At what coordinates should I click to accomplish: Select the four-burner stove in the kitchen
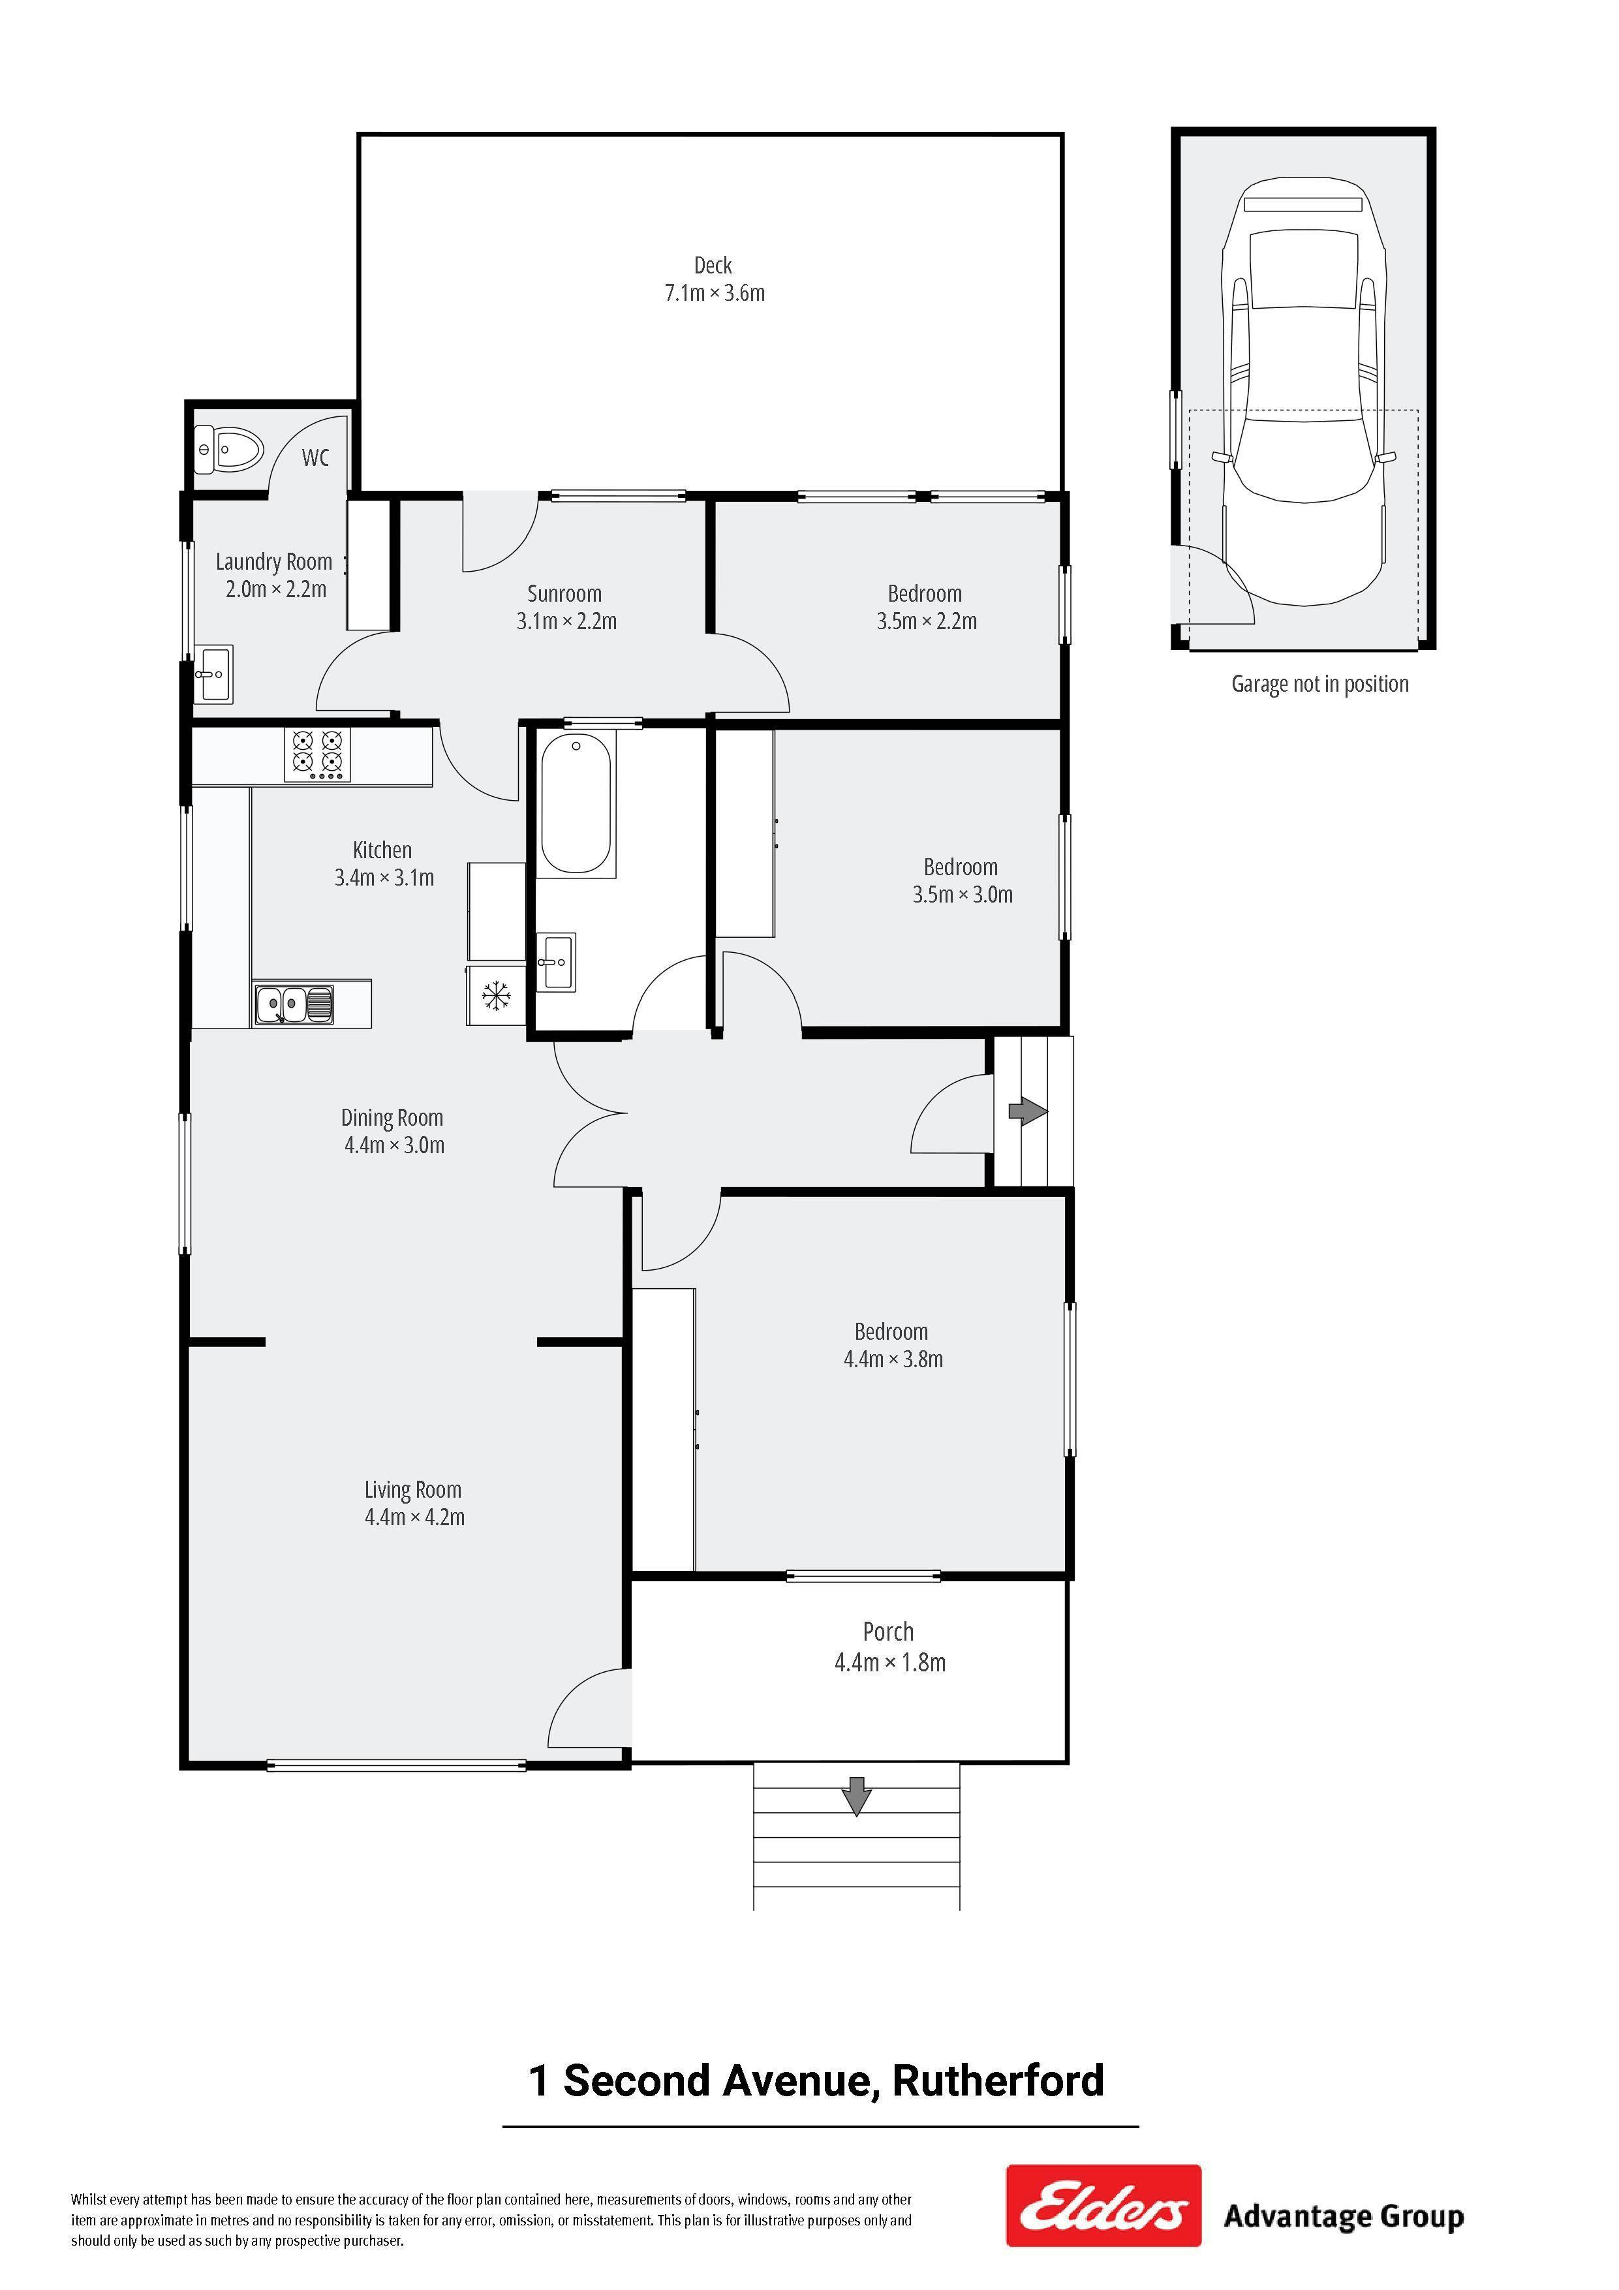coord(317,755)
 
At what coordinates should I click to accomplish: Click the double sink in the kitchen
coord(293,1004)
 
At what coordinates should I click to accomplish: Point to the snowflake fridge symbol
coord(496,995)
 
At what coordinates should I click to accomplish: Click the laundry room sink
coord(213,673)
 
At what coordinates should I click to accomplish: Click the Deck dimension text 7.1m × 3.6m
coord(715,293)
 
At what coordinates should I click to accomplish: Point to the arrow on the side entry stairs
coord(1028,1111)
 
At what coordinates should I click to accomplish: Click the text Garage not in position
coord(1319,684)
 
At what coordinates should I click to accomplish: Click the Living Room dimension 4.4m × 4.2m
coord(415,1517)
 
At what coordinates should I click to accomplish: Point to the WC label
coord(315,457)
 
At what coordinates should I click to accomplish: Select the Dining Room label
coord(392,1118)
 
